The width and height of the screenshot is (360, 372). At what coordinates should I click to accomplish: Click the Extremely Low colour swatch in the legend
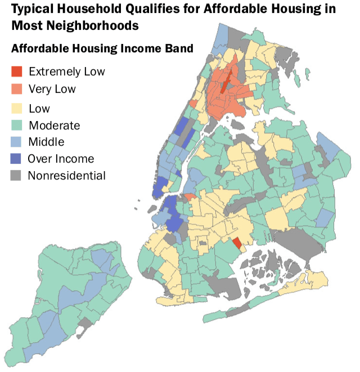click(x=17, y=71)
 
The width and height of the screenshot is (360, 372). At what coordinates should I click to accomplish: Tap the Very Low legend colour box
click(x=17, y=89)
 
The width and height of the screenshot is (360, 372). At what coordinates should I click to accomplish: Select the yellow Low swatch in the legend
click(x=17, y=109)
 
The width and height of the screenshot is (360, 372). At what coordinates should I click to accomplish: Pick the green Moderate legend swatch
click(x=17, y=125)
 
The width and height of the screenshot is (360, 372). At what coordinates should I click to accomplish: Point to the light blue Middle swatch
click(x=17, y=141)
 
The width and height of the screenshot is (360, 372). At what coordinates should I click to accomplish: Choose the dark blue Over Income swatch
click(x=17, y=158)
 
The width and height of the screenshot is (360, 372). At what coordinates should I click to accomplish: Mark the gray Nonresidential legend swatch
click(x=17, y=175)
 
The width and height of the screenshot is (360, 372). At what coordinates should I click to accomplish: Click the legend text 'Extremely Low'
click(x=66, y=71)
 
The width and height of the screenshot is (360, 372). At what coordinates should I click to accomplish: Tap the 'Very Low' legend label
click(x=52, y=89)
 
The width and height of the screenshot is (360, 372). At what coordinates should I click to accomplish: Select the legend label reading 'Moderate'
click(x=54, y=125)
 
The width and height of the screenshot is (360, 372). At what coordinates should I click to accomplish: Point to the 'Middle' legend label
click(x=46, y=141)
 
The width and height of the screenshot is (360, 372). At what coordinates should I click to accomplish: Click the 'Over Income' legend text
click(x=61, y=158)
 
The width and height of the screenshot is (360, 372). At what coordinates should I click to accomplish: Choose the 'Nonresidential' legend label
click(x=66, y=175)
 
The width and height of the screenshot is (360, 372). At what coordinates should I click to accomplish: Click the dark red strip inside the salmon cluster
click(x=224, y=83)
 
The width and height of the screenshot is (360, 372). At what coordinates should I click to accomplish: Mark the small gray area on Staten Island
click(x=85, y=323)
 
